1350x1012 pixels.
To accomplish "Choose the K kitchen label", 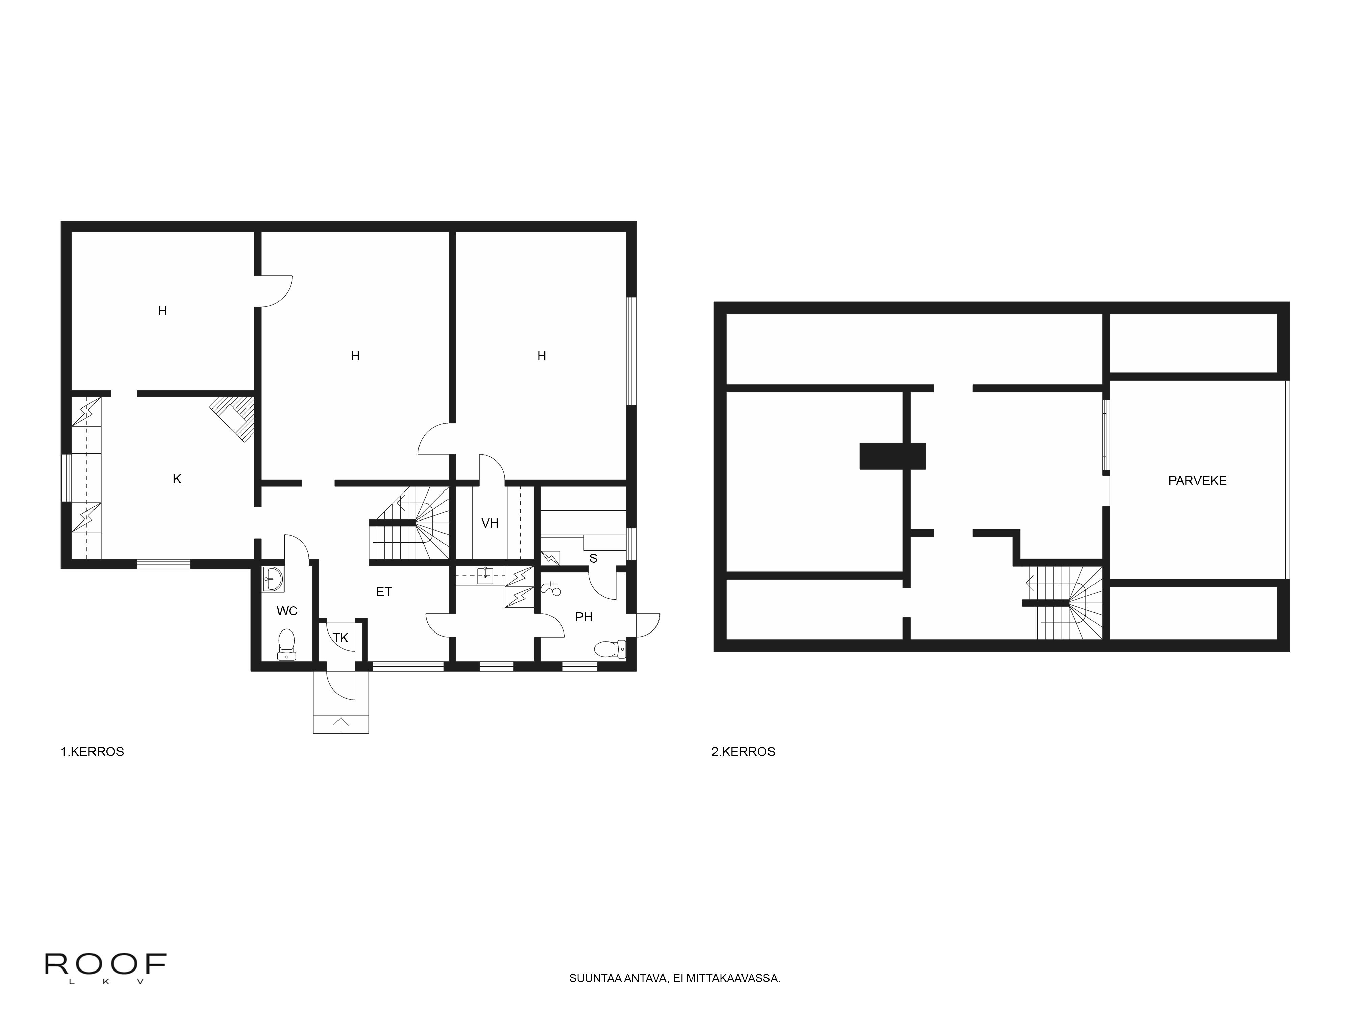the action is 177,479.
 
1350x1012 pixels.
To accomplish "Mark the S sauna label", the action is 593,559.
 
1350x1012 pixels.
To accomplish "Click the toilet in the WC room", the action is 286,644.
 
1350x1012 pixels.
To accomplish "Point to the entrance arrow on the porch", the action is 341,724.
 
